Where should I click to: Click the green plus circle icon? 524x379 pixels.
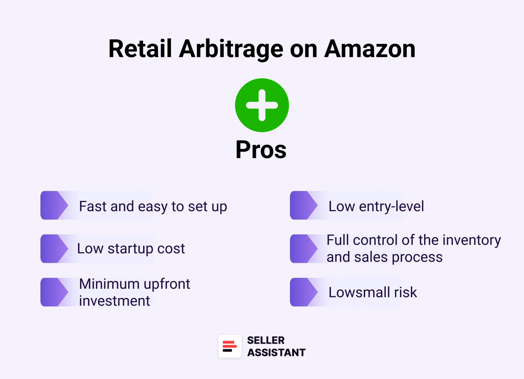coord(262,105)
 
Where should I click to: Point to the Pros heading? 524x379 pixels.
coord(261,150)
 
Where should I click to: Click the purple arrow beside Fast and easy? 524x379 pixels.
coord(54,205)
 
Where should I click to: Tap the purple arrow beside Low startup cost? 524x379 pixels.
coord(54,249)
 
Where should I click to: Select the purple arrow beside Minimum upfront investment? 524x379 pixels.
coord(54,292)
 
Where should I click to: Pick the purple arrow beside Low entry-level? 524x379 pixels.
coord(303,205)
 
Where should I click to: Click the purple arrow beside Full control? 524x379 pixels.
coord(303,249)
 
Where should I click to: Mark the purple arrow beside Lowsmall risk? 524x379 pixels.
coord(303,292)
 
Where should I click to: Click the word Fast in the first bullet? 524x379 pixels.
coord(93,206)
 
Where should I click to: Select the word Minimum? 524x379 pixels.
coord(109,284)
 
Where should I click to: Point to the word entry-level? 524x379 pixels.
coord(391,206)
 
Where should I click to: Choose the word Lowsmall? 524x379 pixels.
coord(359,292)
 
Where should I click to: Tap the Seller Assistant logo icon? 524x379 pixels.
coord(230,346)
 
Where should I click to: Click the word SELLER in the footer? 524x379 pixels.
coord(266,340)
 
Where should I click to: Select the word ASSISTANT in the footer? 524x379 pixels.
coord(276,353)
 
